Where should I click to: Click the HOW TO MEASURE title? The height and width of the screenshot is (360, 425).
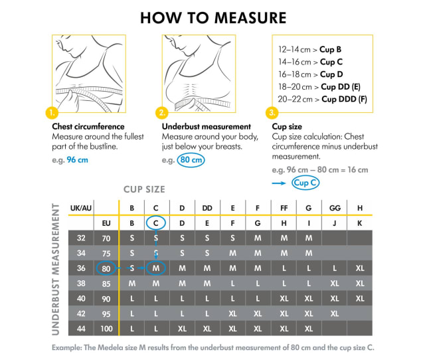click(x=213, y=17)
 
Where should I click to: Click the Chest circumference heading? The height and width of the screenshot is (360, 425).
click(x=88, y=126)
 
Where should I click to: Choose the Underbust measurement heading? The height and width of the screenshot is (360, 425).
click(x=206, y=126)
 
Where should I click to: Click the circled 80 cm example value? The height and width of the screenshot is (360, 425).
click(x=191, y=160)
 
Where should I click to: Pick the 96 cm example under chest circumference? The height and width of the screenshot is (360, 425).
click(x=77, y=160)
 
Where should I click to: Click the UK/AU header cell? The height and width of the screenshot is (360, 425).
click(x=81, y=208)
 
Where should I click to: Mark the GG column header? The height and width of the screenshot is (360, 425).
click(x=334, y=208)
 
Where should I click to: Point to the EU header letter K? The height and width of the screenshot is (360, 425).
click(x=359, y=223)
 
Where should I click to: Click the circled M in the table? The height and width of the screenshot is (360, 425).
click(x=155, y=268)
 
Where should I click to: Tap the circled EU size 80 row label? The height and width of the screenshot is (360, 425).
click(x=106, y=268)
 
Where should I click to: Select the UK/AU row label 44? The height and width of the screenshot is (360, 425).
click(x=81, y=328)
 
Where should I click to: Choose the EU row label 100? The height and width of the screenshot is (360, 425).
click(x=106, y=328)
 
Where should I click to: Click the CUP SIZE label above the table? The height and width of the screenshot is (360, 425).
click(x=144, y=189)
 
